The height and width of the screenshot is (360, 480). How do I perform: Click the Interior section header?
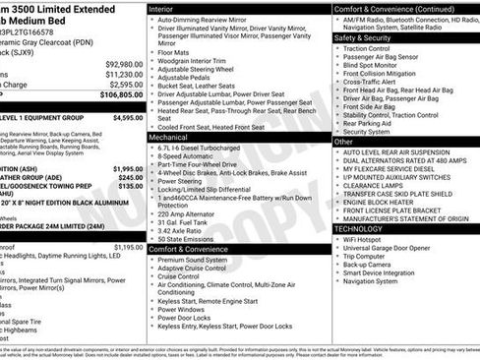click(162, 8)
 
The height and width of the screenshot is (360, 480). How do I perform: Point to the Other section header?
click(344, 143)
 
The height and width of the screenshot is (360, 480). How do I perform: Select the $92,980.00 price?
click(123, 63)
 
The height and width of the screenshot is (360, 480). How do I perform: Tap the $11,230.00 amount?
click(123, 74)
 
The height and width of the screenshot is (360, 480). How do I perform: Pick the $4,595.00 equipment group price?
click(127, 117)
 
